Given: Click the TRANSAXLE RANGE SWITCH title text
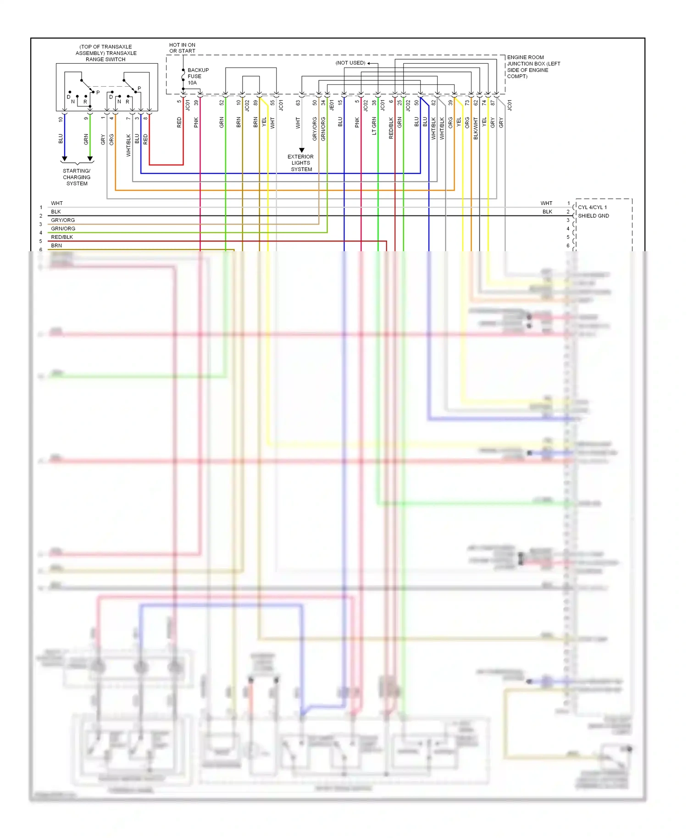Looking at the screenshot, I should click(x=105, y=53).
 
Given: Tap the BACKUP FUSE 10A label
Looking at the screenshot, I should click(x=198, y=77).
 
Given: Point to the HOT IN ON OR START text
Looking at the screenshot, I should click(x=182, y=48).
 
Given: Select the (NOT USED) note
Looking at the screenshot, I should click(x=350, y=63).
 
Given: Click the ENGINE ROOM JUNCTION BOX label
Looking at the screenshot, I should click(x=533, y=67).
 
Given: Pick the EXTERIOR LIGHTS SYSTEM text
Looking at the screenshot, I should click(x=301, y=163).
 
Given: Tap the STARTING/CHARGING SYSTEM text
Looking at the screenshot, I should click(x=77, y=177).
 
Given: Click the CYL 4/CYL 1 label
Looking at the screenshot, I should click(x=592, y=207).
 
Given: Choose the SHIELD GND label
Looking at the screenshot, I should click(x=594, y=216).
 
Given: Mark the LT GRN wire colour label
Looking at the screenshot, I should click(x=374, y=126).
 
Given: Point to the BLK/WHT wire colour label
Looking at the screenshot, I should click(x=476, y=128).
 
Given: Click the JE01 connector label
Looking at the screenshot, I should click(x=332, y=105).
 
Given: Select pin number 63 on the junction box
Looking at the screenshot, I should click(x=298, y=103).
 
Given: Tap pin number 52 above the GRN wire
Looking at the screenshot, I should click(x=222, y=103).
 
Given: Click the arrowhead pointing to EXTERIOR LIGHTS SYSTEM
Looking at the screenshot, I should click(x=302, y=150).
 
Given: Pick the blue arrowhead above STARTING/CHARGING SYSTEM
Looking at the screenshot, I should click(x=64, y=159).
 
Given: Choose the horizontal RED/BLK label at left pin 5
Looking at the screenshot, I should click(x=62, y=237).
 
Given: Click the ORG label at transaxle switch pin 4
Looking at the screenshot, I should click(x=111, y=140).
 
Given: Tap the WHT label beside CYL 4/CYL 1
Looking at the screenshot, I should click(x=546, y=203).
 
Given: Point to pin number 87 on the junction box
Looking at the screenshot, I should click(x=493, y=103).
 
